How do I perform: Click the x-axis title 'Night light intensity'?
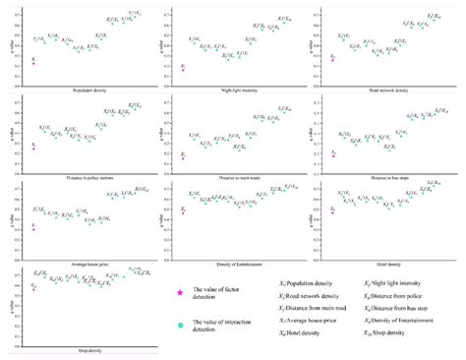pos(233,90)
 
